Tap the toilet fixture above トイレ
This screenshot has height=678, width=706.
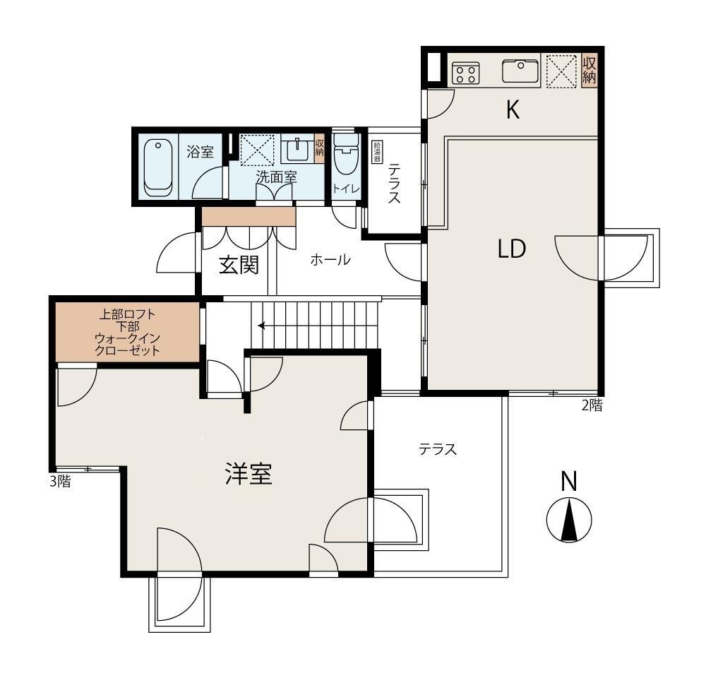346,154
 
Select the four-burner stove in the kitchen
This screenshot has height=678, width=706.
465,73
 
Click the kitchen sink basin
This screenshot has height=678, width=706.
520,71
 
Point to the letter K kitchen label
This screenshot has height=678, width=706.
513,109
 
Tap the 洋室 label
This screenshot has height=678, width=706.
249,474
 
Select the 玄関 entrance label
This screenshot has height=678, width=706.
239,265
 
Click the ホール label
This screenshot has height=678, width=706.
330,259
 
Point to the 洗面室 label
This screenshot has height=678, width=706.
276,177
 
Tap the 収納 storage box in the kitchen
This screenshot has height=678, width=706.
590,71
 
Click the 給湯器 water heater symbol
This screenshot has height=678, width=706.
375,152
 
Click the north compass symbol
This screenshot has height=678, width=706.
569,520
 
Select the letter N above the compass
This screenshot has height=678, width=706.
569,481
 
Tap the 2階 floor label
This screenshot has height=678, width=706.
592,405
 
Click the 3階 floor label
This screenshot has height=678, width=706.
60,482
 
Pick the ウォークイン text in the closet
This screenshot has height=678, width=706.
128,338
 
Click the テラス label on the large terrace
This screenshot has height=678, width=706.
438,449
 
